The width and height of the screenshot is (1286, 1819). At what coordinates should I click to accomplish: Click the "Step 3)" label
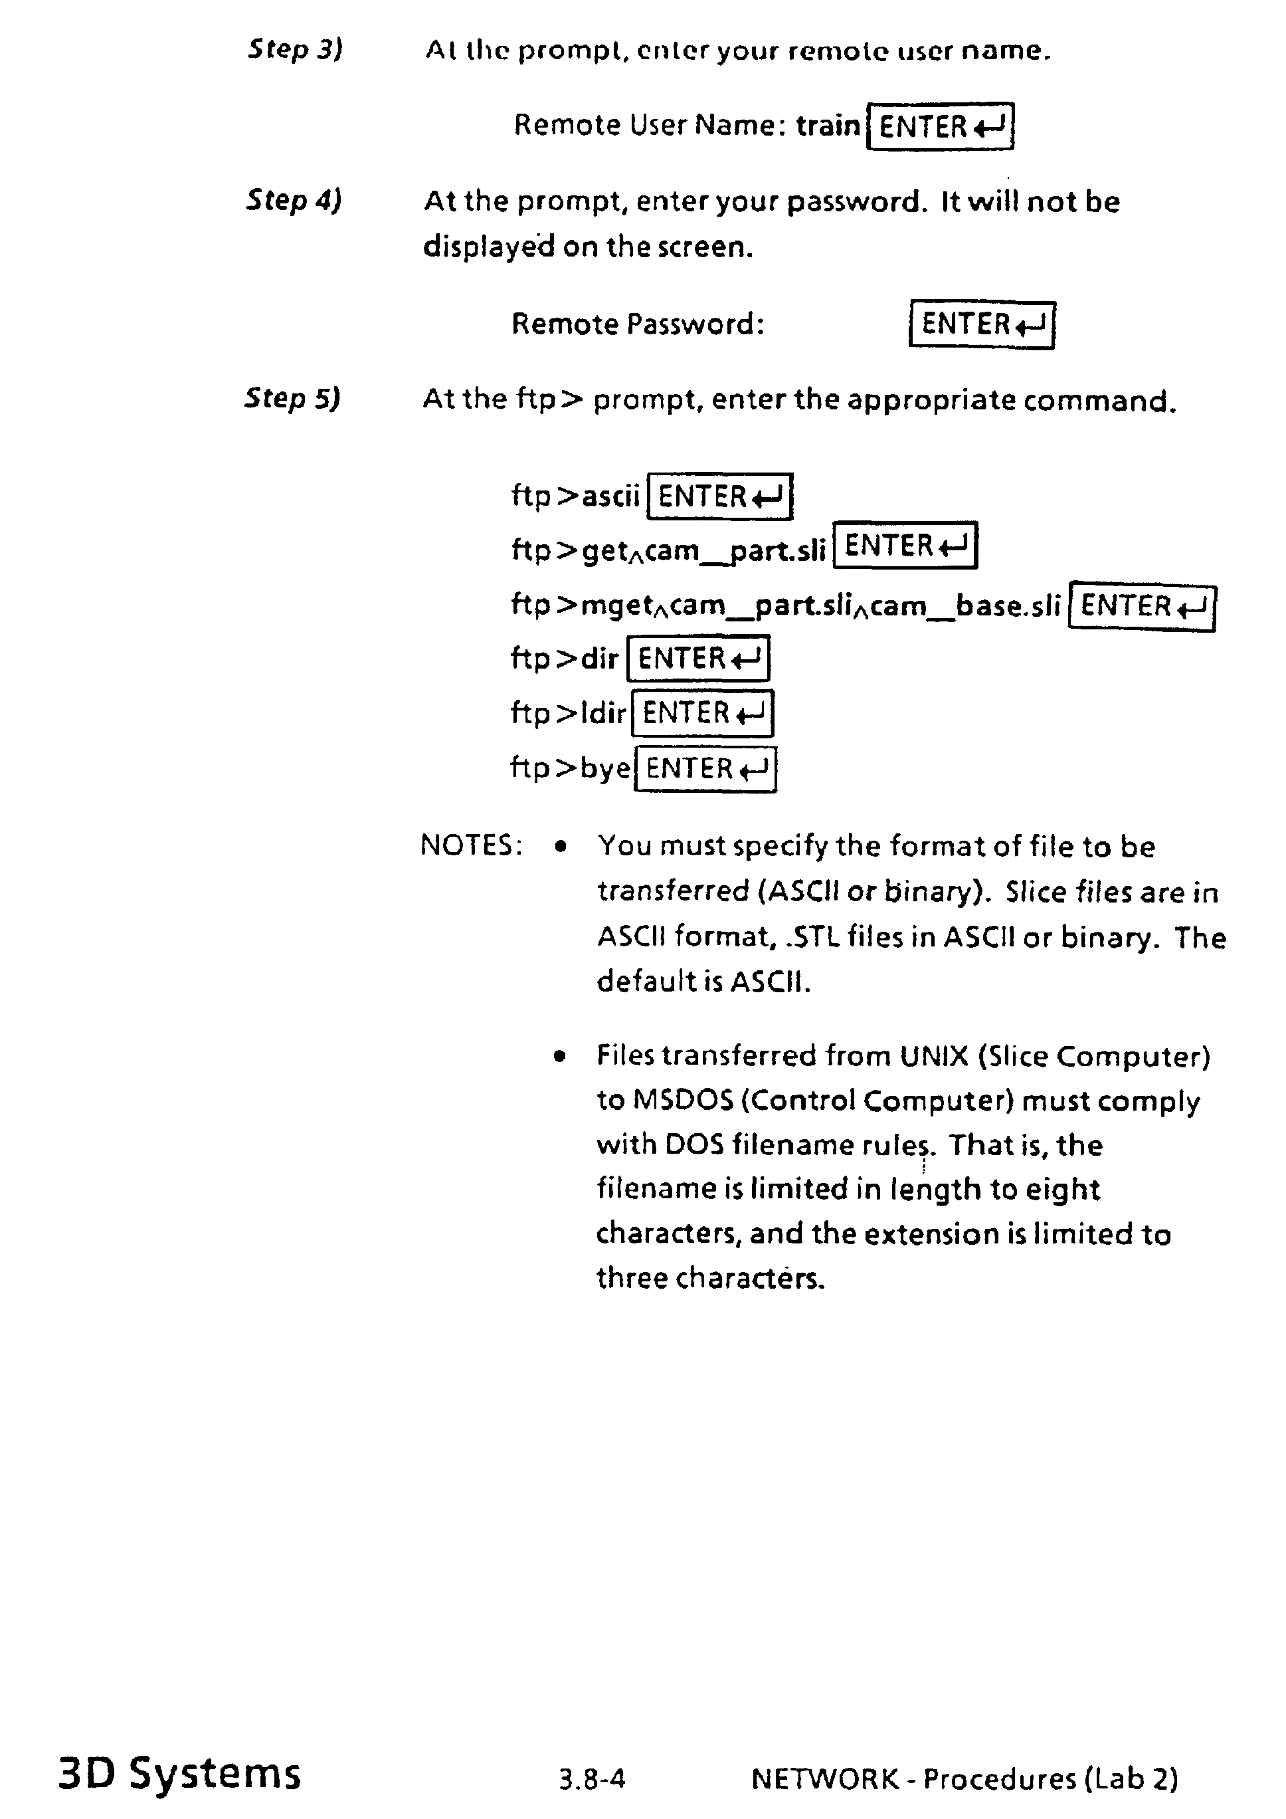click(294, 49)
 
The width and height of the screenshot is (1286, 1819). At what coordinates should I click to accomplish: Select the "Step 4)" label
click(293, 199)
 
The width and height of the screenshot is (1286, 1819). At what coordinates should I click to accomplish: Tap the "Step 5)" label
click(292, 397)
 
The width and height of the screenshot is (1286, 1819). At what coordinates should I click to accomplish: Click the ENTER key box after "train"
click(940, 126)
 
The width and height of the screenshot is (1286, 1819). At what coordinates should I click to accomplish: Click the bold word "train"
click(828, 125)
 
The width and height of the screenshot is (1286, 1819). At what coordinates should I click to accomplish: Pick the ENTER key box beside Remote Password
click(982, 325)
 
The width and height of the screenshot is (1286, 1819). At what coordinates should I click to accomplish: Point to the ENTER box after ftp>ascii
click(720, 496)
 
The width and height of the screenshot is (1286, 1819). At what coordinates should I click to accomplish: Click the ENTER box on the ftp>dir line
click(697, 659)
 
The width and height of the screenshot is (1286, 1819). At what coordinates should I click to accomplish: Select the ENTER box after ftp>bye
click(705, 768)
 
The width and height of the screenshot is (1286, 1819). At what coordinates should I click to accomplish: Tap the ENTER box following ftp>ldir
click(702, 713)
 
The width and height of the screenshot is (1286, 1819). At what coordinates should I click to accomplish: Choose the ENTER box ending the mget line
click(1142, 607)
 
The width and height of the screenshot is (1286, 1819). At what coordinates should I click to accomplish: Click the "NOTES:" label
click(471, 845)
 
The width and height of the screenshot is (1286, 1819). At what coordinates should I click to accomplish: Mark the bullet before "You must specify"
click(561, 847)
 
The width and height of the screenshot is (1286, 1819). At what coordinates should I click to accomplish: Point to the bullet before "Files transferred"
click(561, 1057)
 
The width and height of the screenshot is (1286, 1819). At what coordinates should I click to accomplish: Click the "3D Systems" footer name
click(180, 1773)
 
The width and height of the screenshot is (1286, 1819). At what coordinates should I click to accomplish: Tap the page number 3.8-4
click(592, 1779)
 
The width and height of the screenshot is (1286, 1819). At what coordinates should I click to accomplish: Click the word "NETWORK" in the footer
click(825, 1778)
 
